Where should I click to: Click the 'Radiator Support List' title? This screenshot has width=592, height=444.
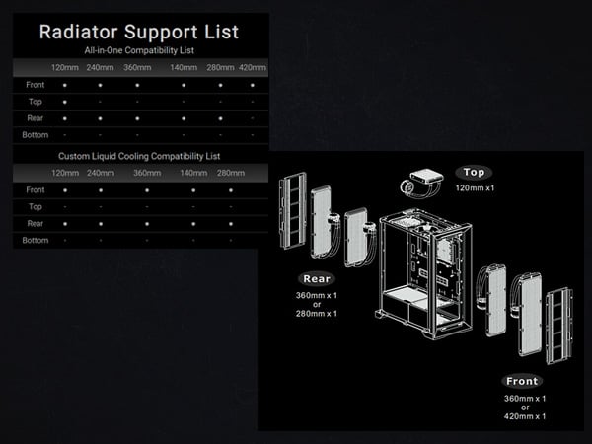point(140,31)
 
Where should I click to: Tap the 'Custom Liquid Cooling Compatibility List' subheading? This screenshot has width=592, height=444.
point(140,155)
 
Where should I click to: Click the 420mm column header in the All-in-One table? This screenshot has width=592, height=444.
point(253,68)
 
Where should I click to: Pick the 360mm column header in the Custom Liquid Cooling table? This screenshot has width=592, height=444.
point(148,173)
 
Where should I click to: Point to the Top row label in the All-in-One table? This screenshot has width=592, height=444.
point(35,101)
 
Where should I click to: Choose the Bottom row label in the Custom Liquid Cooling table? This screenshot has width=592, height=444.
point(36,240)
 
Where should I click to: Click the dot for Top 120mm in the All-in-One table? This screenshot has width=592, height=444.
point(65,101)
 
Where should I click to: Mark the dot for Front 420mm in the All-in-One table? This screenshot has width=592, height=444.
point(253,85)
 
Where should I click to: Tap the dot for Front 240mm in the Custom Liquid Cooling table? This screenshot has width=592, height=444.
point(101,189)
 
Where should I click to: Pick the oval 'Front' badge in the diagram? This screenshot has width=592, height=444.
point(521,381)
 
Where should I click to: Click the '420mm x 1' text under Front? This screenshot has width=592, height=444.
point(525,416)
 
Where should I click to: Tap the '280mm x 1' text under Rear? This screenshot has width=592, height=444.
point(318,313)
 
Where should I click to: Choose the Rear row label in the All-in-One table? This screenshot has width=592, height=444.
point(36,117)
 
